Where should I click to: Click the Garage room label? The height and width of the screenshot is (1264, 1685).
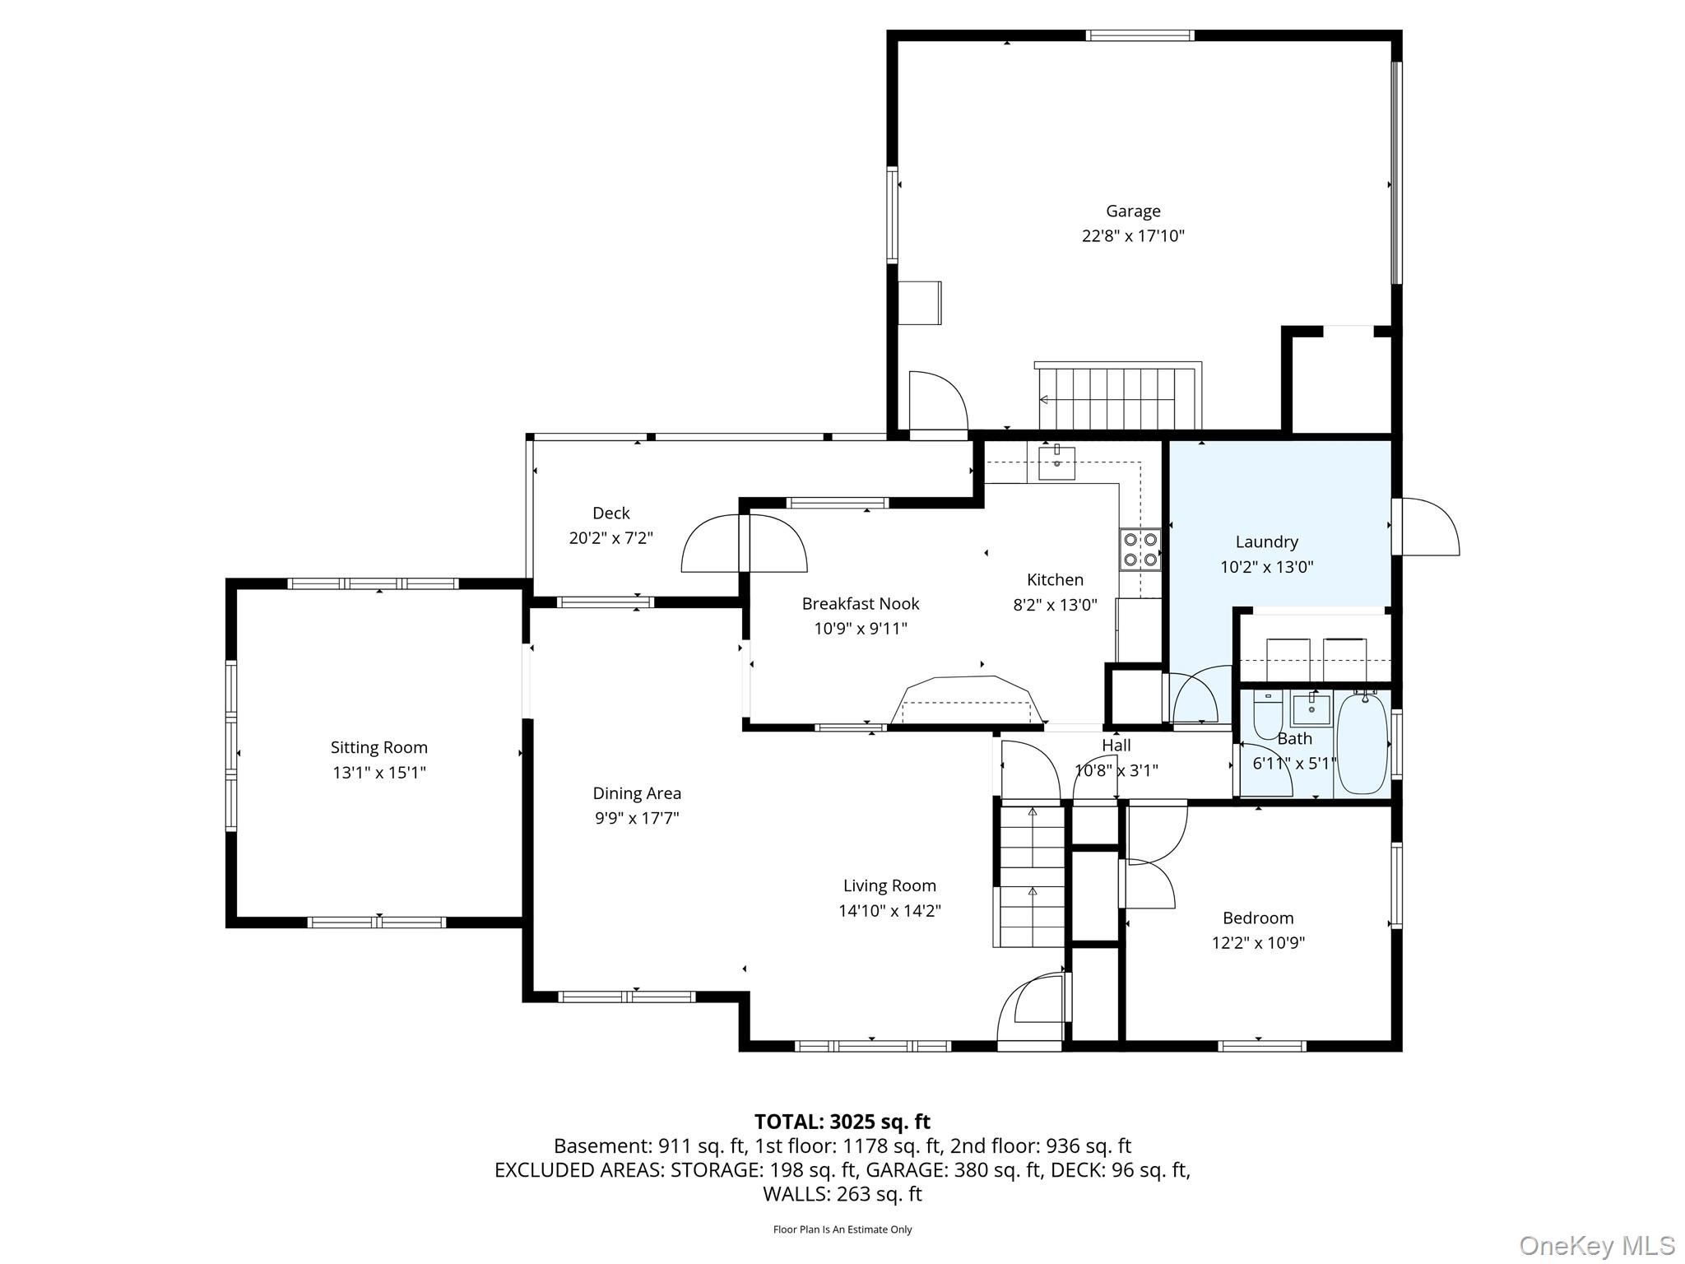pyautogui.click(x=1133, y=211)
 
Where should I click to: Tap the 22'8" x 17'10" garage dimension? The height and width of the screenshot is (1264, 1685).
pyautogui.click(x=1133, y=236)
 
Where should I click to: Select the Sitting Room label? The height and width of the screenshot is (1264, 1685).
pyautogui.click(x=379, y=748)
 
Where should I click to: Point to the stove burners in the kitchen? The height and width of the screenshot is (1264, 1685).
pyautogui.click(x=1140, y=550)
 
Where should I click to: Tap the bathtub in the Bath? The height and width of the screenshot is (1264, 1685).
pyautogui.click(x=1362, y=744)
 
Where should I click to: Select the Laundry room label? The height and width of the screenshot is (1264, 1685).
pyautogui.click(x=1267, y=542)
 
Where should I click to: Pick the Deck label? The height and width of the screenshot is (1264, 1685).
pyautogui.click(x=611, y=513)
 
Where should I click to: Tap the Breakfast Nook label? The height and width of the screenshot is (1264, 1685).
pyautogui.click(x=861, y=604)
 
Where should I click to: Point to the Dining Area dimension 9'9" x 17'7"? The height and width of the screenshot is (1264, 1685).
pyautogui.click(x=637, y=818)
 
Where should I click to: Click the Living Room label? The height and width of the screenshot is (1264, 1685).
pyautogui.click(x=889, y=886)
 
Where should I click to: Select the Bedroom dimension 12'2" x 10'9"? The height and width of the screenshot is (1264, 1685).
pyautogui.click(x=1258, y=943)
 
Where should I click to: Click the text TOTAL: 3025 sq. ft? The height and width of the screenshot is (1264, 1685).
pyautogui.click(x=842, y=1122)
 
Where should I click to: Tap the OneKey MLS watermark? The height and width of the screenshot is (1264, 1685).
pyautogui.click(x=1597, y=1246)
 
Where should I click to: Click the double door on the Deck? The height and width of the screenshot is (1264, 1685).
pyautogui.click(x=744, y=543)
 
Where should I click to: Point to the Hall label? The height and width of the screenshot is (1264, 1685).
pyautogui.click(x=1116, y=746)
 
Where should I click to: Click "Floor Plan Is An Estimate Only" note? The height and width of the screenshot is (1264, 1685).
pyautogui.click(x=842, y=1229)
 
